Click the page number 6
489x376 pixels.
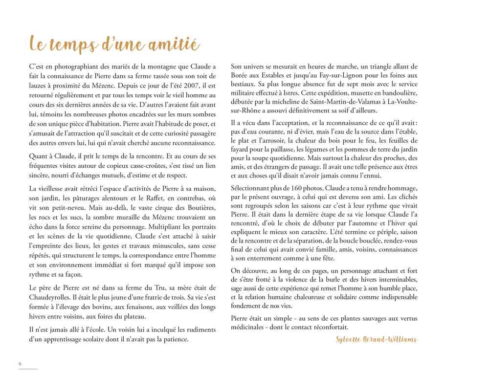coord(20,364)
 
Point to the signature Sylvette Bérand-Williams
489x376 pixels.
coord(377,339)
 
